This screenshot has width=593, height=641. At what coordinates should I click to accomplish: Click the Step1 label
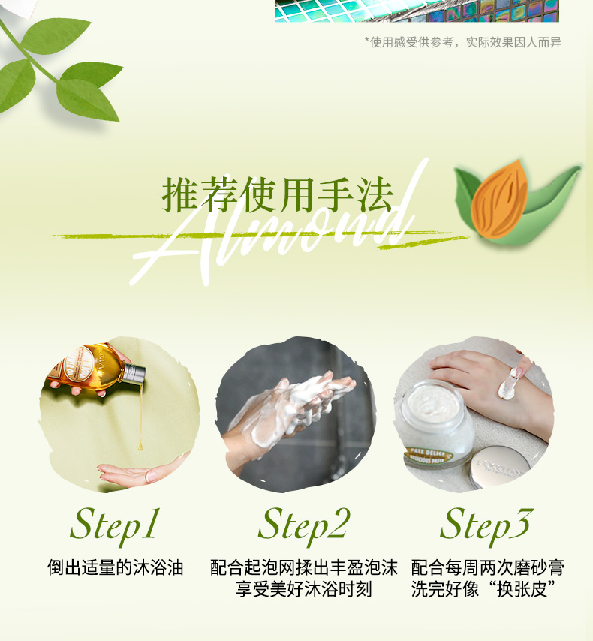pyautogui.click(x=115, y=525)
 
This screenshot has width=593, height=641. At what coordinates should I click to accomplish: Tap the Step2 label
pyautogui.click(x=304, y=525)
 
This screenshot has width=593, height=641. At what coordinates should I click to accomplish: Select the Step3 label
pyautogui.click(x=486, y=525)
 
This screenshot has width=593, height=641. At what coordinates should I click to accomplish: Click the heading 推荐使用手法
pyautogui.click(x=278, y=194)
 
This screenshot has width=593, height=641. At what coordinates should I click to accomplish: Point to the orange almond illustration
pyautogui.click(x=499, y=199)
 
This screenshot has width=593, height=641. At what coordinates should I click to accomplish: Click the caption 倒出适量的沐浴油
pyautogui.click(x=115, y=568)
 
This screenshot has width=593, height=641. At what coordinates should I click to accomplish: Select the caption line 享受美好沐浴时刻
pyautogui.click(x=304, y=589)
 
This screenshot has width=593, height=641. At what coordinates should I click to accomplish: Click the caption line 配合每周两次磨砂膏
pyautogui.click(x=487, y=568)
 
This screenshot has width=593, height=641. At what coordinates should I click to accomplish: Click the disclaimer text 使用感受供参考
pyautogui.click(x=411, y=42)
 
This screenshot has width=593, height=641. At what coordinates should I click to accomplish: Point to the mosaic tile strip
pyautogui.click(x=417, y=11)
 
